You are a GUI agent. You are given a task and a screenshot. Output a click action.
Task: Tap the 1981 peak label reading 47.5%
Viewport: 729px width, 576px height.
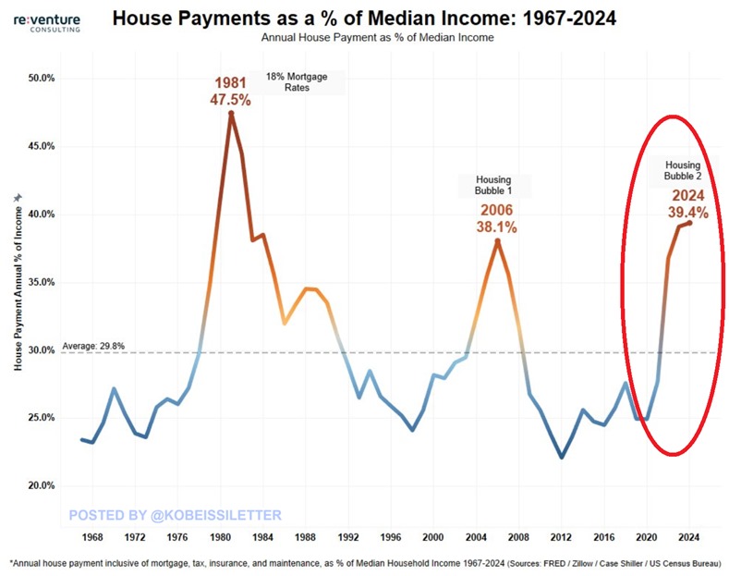230,92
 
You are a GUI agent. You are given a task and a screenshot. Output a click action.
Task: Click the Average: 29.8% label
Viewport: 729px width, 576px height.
93,346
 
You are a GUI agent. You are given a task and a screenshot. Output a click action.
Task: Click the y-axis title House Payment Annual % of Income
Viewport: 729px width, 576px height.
18,282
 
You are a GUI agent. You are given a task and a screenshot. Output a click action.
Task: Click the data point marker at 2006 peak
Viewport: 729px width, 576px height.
497,241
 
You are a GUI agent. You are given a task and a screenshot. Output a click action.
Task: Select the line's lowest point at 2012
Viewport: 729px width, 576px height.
562,457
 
